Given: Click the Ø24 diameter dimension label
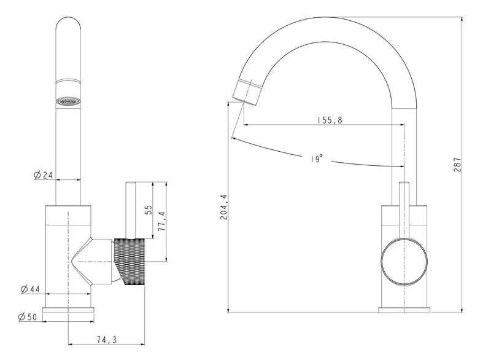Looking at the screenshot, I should (43, 175).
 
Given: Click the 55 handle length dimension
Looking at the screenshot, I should (148, 209).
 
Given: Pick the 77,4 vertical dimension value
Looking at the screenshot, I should (163, 221).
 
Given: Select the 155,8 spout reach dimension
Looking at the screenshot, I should (329, 119).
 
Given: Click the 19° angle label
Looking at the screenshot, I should (316, 159).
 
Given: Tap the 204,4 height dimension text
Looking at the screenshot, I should (223, 207).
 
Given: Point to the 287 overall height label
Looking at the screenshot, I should (457, 165).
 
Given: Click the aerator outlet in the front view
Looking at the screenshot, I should (68, 101).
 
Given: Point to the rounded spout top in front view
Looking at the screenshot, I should (68, 28).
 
